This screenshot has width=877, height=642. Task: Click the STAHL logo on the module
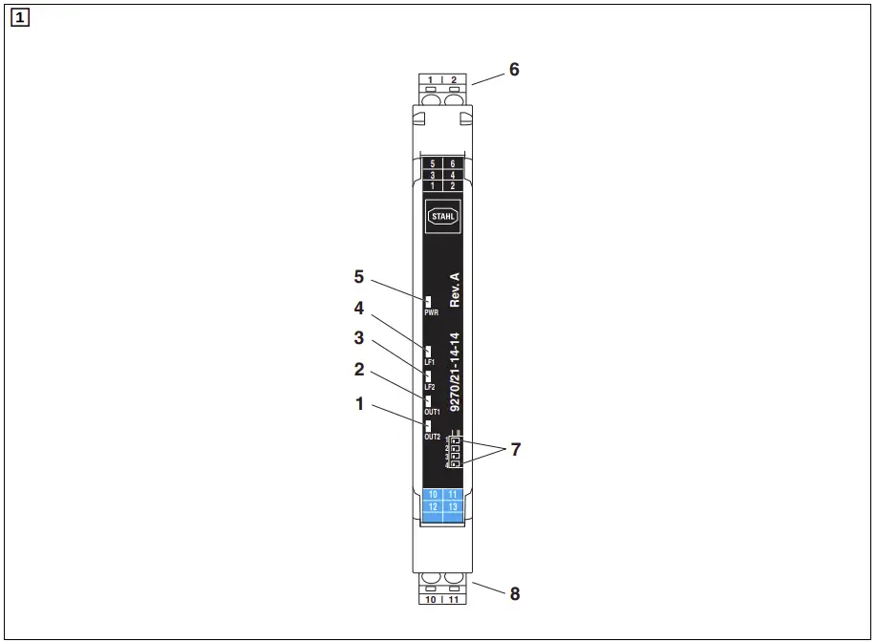(442, 217)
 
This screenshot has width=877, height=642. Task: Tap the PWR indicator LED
(428, 302)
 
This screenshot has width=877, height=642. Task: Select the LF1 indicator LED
(428, 351)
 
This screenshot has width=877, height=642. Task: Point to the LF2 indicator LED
(428, 375)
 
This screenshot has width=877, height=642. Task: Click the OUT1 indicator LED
(428, 400)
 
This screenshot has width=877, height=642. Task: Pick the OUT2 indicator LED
(428, 425)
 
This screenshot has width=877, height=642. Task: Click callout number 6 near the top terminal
(514, 70)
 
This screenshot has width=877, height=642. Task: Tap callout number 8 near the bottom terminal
(515, 593)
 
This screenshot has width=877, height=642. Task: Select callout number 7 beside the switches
(516, 449)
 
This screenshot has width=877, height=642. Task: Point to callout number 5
(359, 277)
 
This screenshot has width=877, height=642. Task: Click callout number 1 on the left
(359, 404)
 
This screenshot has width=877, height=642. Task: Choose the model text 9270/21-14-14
(455, 372)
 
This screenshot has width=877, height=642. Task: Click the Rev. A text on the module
(455, 289)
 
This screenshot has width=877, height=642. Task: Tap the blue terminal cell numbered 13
(453, 506)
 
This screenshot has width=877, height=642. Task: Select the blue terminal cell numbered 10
(433, 494)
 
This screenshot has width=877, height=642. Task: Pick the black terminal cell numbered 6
(453, 164)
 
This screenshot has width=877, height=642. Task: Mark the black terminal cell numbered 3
(433, 175)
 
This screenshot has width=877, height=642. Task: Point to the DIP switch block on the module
(454, 451)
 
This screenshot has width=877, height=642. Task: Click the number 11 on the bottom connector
(455, 600)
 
